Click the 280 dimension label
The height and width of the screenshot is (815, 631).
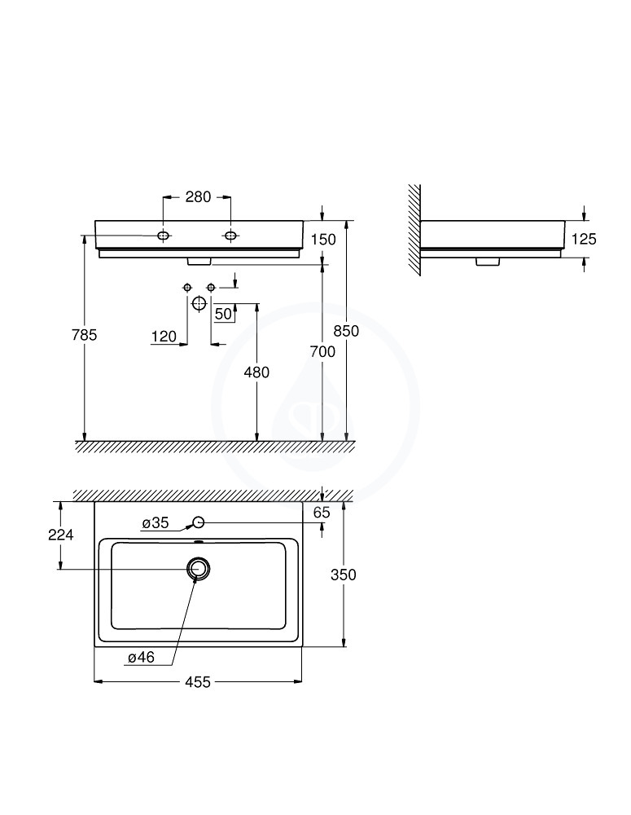[198, 197]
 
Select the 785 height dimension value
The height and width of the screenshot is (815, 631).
[84, 335]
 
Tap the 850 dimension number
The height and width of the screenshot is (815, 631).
[346, 331]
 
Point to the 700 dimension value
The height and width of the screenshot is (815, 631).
[322, 352]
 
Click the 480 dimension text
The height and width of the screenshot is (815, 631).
[256, 372]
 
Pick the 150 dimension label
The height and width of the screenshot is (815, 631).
[323, 240]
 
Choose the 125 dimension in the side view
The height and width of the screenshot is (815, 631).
[584, 239]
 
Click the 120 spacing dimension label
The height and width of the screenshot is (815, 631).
[164, 337]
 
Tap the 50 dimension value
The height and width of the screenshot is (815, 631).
[223, 314]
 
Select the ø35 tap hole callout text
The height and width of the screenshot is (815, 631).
[156, 523]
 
